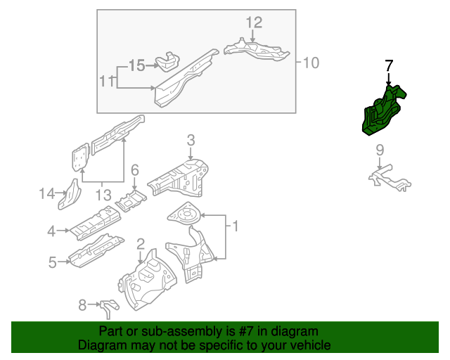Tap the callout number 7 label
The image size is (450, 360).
click(390, 66)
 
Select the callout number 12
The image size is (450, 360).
click(254, 22)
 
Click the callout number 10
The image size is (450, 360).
click(311, 63)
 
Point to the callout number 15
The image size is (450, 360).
click(136, 65)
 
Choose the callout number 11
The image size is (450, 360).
click(105, 82)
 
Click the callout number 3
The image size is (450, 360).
click(191, 141)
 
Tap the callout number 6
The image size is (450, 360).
click(135, 169)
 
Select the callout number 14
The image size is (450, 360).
click(46, 193)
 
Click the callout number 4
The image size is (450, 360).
click(51, 231)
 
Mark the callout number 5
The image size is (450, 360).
click(52, 263)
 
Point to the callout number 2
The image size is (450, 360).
click(141, 244)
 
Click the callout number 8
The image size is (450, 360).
click(82, 304)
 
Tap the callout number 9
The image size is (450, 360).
click(380, 149)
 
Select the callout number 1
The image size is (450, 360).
click(236, 226)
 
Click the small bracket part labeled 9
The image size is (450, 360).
click(389, 178)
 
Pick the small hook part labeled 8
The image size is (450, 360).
click(108, 307)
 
